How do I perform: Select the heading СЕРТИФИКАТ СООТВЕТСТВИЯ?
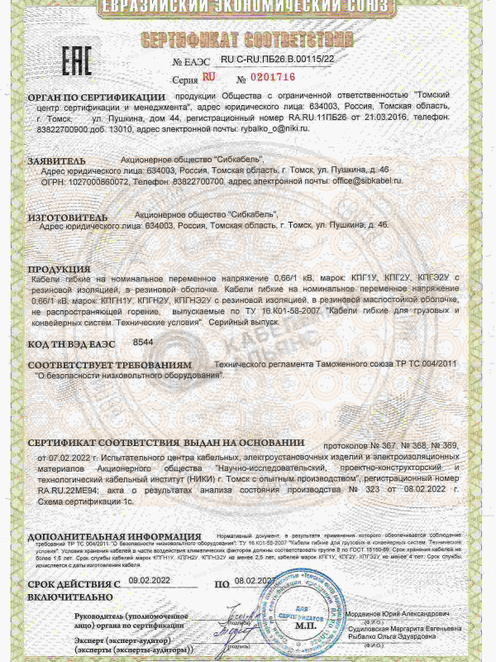coord(248,40)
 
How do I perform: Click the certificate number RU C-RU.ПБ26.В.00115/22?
coord(278,60)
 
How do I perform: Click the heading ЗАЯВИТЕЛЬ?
coord(56,160)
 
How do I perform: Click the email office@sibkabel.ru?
coord(366,180)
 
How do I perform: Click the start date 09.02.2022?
coord(149,582)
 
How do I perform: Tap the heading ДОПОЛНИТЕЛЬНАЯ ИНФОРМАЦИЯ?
coord(108,538)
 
